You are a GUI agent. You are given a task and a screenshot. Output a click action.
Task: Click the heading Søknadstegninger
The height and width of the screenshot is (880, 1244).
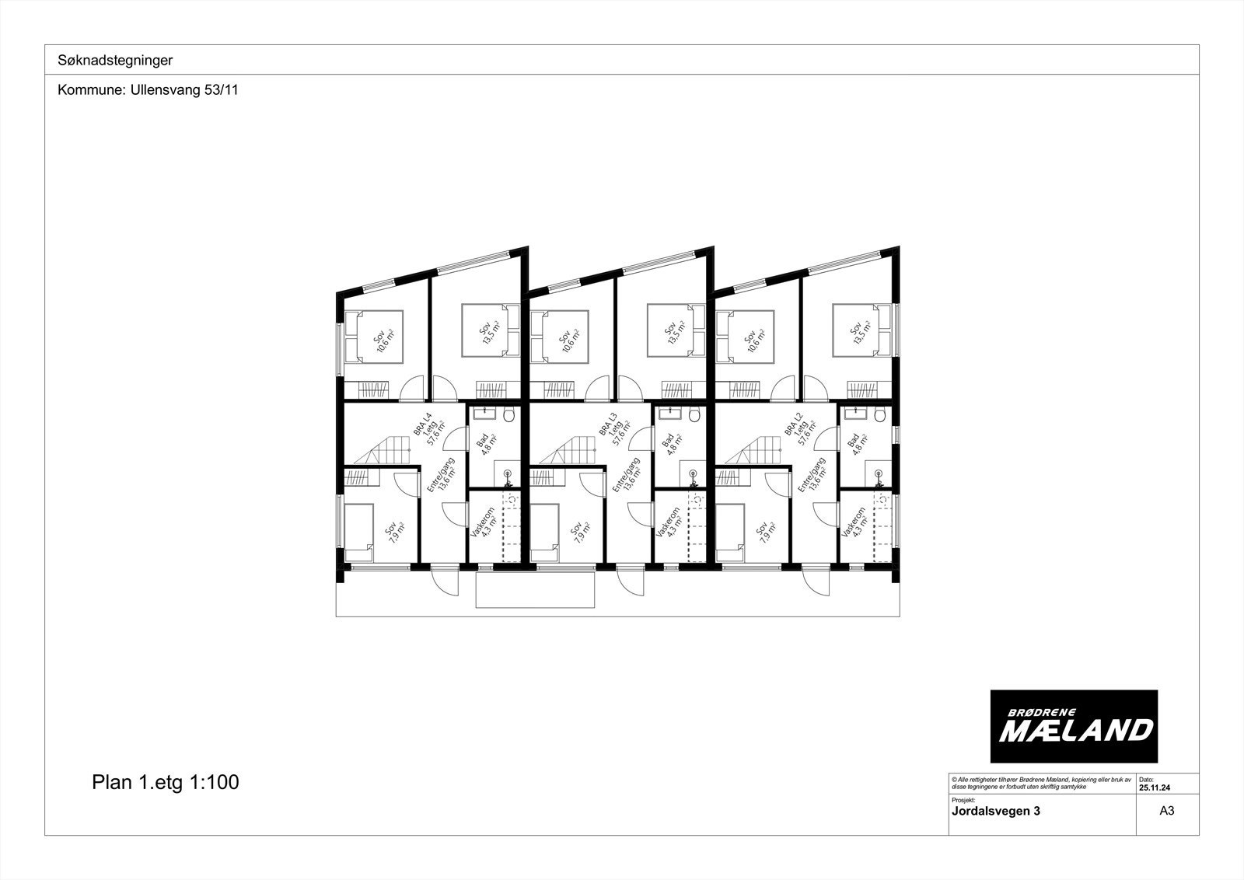[x=115, y=60]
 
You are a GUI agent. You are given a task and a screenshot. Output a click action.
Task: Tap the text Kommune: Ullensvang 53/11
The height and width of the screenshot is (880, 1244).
[x=148, y=90]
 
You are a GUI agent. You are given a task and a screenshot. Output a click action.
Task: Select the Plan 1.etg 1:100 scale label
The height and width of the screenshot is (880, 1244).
[x=165, y=782]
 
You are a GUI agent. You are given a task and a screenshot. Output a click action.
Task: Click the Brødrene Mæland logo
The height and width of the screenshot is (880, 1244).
[x=1074, y=727]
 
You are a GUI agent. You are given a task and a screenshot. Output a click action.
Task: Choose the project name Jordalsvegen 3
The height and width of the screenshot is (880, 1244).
[x=995, y=811]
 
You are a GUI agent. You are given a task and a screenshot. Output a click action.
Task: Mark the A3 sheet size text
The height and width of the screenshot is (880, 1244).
[x=1166, y=811]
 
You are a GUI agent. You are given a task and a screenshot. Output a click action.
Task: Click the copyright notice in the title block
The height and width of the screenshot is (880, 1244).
[x=1040, y=783]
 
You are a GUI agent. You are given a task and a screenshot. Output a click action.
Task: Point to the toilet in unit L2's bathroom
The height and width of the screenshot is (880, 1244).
[x=879, y=416]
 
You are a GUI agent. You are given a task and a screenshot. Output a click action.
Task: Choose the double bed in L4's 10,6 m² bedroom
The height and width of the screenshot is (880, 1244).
[x=374, y=337]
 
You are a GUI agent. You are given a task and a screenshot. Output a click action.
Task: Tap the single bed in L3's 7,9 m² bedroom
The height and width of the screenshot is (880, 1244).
[x=544, y=533]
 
